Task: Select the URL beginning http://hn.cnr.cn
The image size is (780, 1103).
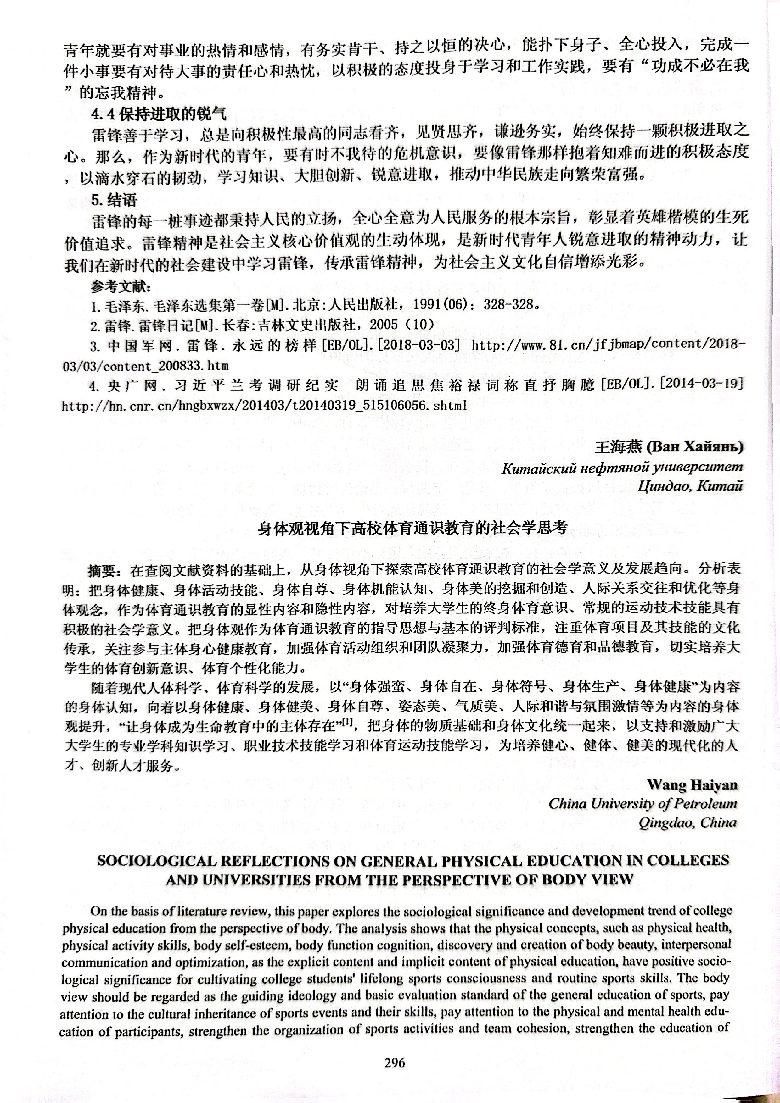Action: click(264, 406)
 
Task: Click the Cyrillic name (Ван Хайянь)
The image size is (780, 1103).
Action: click(695, 447)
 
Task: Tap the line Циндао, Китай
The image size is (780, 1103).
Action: click(690, 486)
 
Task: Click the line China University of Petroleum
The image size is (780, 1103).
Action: click(643, 804)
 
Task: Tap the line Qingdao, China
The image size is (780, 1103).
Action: click(687, 823)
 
